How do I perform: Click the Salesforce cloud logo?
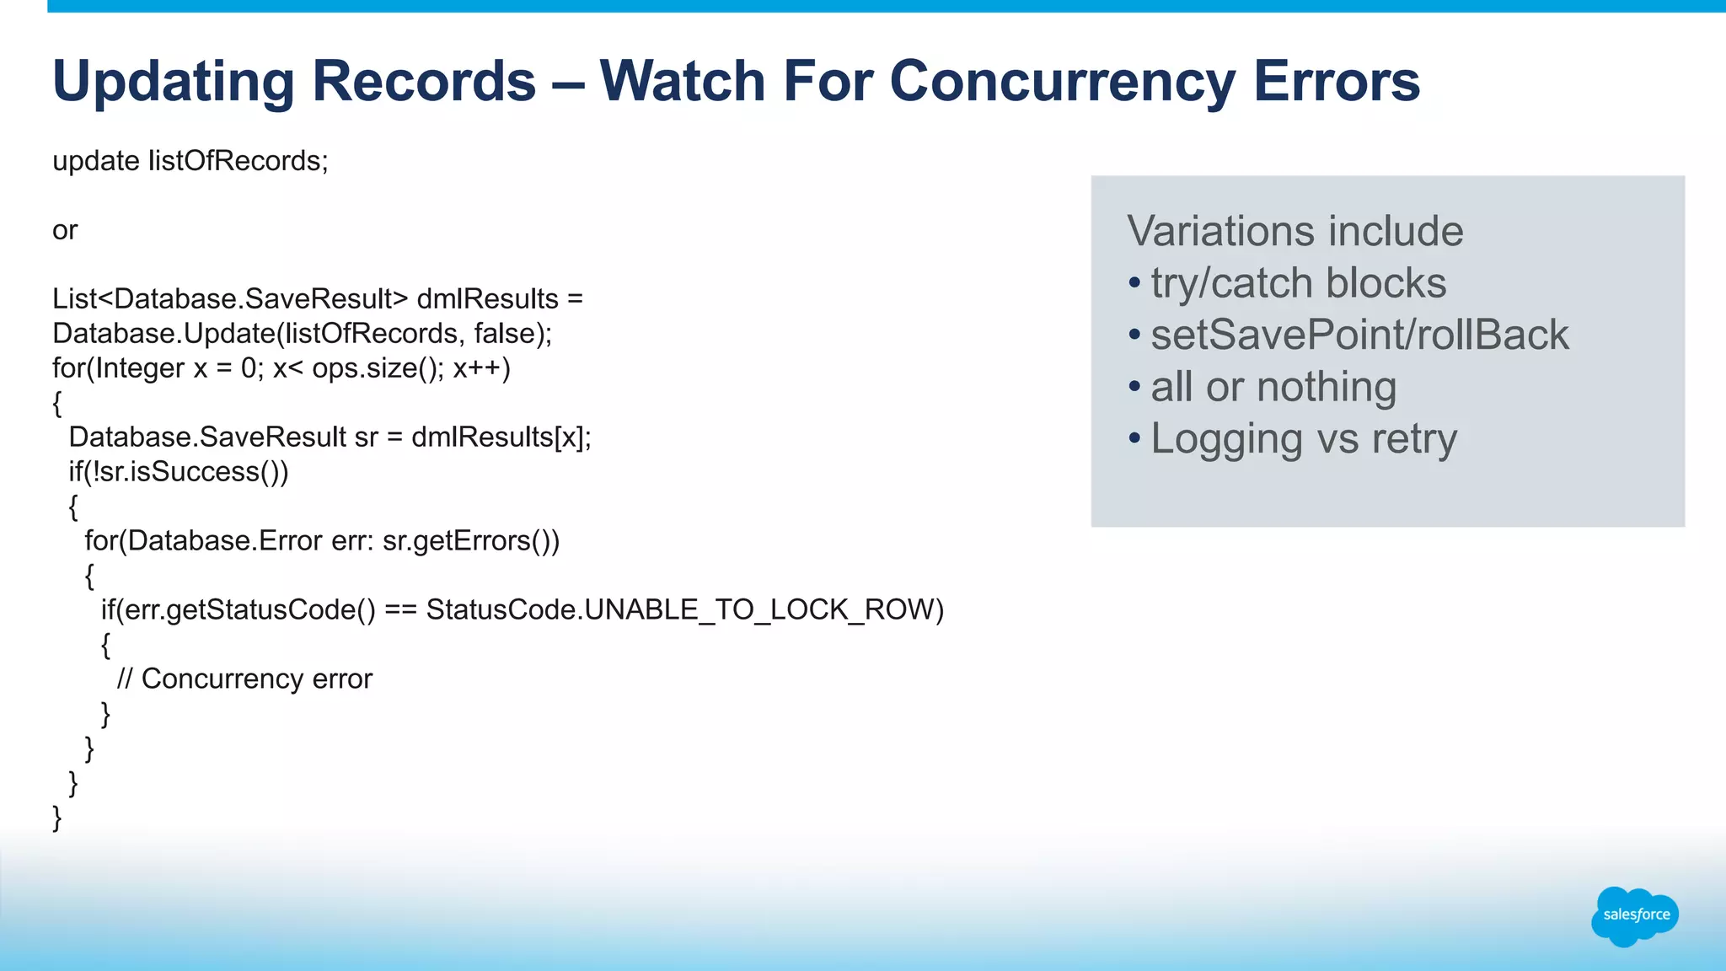point(1635,915)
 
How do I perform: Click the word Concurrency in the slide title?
point(1061,82)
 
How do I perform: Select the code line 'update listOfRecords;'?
point(190,161)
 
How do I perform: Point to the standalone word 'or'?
point(65,230)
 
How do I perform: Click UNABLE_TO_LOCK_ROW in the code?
point(764,609)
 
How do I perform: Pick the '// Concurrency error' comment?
point(244,679)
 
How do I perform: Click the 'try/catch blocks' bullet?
point(1298,283)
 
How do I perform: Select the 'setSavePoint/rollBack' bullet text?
point(1359,335)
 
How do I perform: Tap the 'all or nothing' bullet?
point(1273,387)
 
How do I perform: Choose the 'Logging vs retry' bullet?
point(1303,439)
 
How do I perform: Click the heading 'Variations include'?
point(1295,231)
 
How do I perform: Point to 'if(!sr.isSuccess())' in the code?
point(179,472)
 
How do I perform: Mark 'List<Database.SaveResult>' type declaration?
point(230,299)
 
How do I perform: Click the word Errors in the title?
point(1337,82)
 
